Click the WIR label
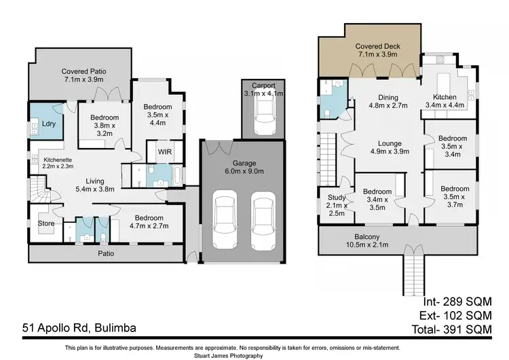pyautogui.click(x=164, y=151)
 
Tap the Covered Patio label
pyautogui.click(x=84, y=75)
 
